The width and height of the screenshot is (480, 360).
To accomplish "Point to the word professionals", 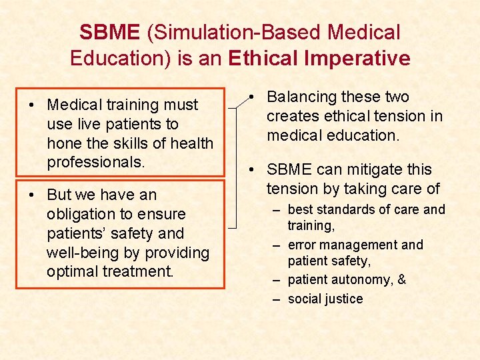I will (x=96, y=162).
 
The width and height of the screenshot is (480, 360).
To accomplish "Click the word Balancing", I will (x=304, y=97).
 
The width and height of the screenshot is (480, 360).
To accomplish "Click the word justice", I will (x=343, y=299).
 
